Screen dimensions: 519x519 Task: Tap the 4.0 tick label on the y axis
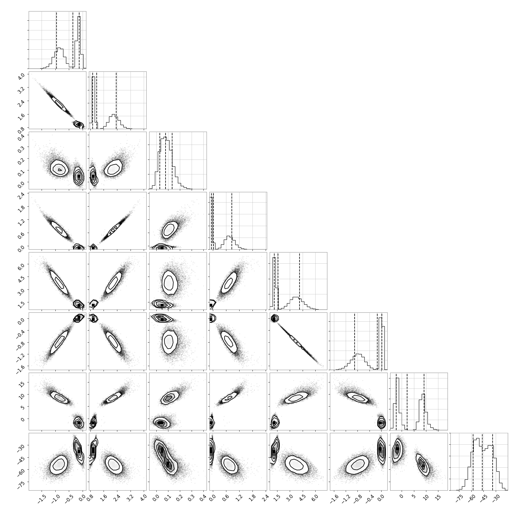pos(23,76)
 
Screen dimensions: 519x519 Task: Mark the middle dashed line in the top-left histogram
pos(73,40)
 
